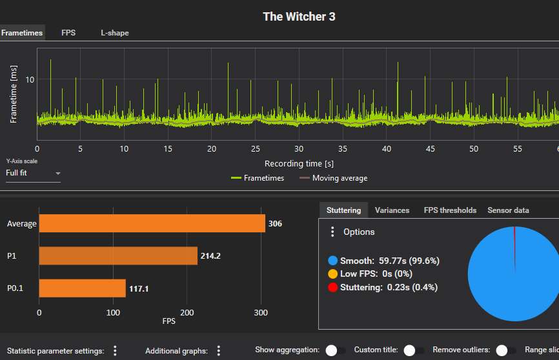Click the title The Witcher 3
299,17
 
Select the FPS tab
68,33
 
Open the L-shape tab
114,33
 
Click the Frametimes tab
22,33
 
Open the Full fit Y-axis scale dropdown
33,173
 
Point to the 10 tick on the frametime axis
30,79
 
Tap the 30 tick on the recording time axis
298,148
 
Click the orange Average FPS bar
152,224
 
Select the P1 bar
118,256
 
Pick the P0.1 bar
82,288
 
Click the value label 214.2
210,256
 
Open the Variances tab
392,210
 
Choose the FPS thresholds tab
450,210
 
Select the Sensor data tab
508,210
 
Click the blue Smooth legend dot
332,261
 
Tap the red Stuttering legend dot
332,287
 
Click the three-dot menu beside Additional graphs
219,350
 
